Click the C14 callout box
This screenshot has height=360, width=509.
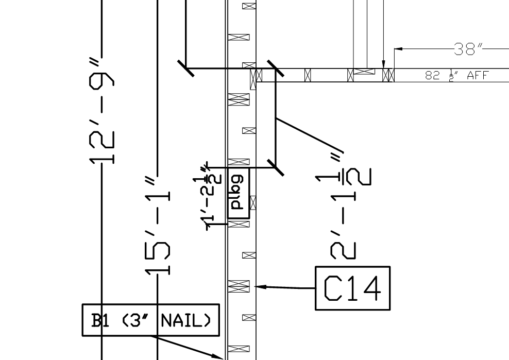point(352,288)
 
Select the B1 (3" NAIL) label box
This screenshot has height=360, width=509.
point(150,320)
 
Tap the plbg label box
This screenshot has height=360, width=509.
point(238,193)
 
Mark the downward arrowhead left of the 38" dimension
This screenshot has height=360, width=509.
point(383,64)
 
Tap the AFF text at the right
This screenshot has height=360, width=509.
point(477,76)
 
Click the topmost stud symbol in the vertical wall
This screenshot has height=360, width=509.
point(249,6)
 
